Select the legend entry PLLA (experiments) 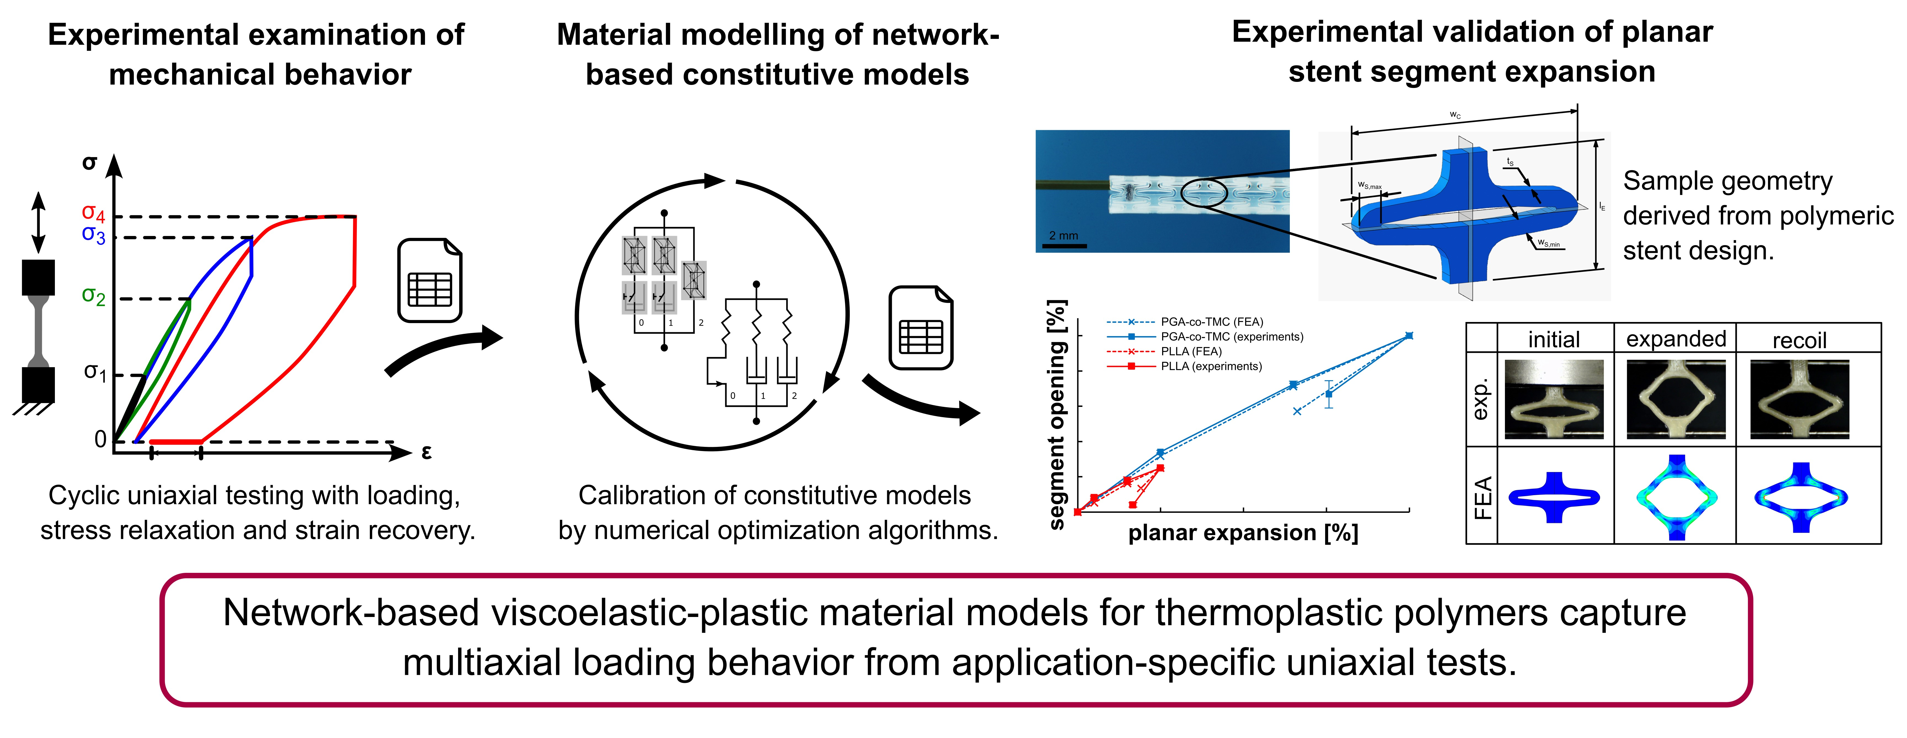tap(1211, 366)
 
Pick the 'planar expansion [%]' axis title tap(1243, 533)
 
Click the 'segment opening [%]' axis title tap(1057, 415)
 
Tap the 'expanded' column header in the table tap(1676, 339)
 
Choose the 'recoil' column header tap(1799, 340)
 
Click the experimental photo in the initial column tap(1554, 400)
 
